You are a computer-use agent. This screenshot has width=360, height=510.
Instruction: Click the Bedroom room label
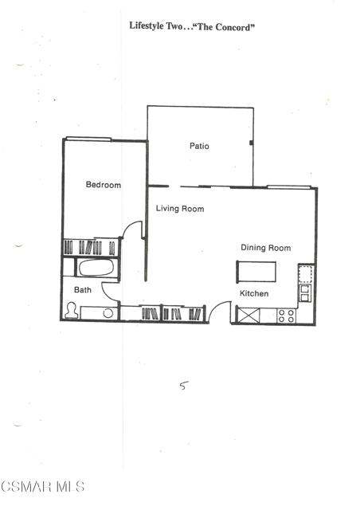click(104, 185)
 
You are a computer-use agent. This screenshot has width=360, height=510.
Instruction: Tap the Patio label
click(199, 146)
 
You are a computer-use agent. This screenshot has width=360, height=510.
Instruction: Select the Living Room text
click(180, 209)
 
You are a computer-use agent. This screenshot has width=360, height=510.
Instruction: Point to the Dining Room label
click(266, 248)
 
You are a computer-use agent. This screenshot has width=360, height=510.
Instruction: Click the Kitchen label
click(254, 293)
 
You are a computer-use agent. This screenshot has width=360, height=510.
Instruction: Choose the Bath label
click(83, 290)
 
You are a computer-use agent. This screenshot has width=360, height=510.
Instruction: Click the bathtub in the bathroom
click(96, 268)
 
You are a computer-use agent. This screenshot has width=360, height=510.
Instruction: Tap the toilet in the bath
click(71, 310)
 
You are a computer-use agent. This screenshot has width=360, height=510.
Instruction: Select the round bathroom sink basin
click(108, 313)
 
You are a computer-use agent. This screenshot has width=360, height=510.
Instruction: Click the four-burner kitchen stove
click(287, 316)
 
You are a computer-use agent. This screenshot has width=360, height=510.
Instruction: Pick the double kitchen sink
click(305, 293)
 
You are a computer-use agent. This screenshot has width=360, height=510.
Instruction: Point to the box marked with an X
click(248, 315)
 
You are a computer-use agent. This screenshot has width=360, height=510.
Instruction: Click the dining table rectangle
click(256, 272)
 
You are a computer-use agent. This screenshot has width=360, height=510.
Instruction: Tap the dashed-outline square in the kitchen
click(306, 274)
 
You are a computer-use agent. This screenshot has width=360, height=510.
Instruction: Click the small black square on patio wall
click(251, 143)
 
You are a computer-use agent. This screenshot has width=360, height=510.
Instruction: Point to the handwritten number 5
click(184, 386)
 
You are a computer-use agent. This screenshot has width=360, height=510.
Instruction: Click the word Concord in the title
click(233, 27)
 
